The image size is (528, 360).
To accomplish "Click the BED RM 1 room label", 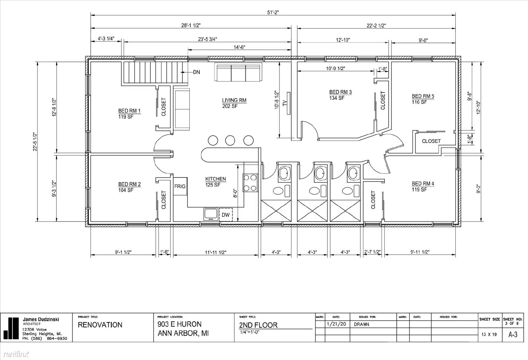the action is click(129, 111).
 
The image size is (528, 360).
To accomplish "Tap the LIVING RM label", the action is click(234, 100).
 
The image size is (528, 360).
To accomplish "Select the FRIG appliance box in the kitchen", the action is click(180, 186).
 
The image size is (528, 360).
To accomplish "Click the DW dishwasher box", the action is click(226, 215).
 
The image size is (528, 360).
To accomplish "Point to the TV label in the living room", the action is click(285, 103).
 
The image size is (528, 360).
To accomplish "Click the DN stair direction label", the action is click(197, 72).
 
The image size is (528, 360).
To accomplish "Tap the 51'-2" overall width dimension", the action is click(273, 12).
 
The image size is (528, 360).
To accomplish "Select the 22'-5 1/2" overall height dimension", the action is click(35, 142).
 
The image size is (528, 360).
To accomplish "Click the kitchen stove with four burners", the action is click(250, 183).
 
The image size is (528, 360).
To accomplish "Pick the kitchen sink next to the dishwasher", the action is click(211, 214).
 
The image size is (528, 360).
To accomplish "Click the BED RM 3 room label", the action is click(340, 92).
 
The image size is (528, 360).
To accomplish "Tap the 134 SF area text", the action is click(337, 98).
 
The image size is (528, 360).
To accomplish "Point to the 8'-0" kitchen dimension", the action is click(235, 193).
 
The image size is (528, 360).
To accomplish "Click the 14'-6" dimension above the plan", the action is click(239, 47).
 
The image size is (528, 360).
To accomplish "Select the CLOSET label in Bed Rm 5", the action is click(431, 141).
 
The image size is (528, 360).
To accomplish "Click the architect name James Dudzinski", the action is click(41, 319).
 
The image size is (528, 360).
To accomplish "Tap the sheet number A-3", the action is click(513, 334).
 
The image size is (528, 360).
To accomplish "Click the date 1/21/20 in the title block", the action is click(336, 324).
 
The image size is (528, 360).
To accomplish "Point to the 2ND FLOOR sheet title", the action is click(258, 325).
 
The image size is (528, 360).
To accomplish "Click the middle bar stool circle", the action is click(230, 141).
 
